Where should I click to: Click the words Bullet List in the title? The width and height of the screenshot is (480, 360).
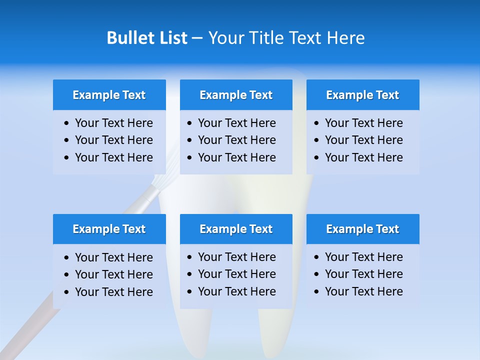click(x=147, y=38)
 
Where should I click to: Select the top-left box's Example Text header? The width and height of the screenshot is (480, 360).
click(x=109, y=95)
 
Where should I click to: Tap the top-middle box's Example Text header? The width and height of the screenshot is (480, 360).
click(x=236, y=95)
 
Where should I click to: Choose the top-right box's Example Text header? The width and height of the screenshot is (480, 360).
click(x=362, y=95)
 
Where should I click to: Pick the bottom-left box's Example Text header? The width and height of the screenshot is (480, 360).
click(x=109, y=229)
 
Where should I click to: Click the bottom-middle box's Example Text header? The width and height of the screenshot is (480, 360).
click(x=236, y=229)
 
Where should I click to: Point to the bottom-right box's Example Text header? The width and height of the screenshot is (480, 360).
click(x=362, y=229)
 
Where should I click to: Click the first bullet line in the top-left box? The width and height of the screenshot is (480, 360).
click(x=113, y=123)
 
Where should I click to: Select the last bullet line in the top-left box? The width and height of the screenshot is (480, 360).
click(x=113, y=157)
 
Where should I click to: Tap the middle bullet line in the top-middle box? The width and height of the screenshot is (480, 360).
click(x=236, y=140)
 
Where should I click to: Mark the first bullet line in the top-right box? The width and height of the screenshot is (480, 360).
click(x=363, y=123)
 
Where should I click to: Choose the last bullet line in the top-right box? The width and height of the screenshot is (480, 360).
click(x=363, y=157)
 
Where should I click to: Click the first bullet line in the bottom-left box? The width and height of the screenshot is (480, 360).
click(x=113, y=257)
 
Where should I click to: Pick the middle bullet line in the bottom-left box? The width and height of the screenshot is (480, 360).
click(x=113, y=274)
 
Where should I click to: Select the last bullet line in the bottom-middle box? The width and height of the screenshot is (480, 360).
click(x=236, y=291)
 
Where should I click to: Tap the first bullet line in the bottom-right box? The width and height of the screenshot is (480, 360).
click(x=363, y=257)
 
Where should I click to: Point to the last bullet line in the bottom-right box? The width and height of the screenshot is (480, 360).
click(x=363, y=291)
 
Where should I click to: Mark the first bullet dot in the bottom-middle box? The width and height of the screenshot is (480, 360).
click(x=189, y=257)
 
